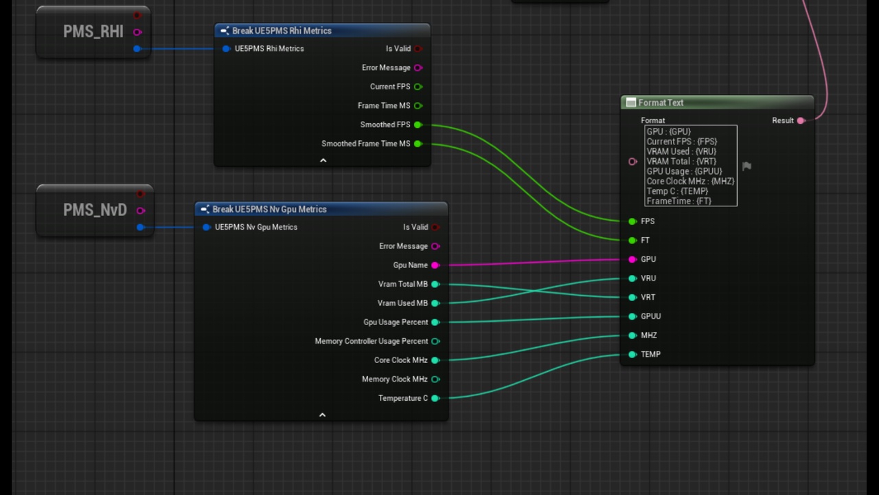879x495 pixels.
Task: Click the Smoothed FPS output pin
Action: (418, 124)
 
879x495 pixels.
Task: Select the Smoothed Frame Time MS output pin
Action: (418, 144)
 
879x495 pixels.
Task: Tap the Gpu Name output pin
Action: (435, 265)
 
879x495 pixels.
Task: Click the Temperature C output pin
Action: (435, 398)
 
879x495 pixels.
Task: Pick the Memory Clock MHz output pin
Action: (435, 379)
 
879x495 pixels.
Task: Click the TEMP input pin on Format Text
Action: (632, 354)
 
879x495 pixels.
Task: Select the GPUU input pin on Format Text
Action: (632, 316)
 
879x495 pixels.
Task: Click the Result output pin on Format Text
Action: (801, 120)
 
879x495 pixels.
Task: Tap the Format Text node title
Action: (661, 102)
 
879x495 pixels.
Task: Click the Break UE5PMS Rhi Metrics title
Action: (282, 31)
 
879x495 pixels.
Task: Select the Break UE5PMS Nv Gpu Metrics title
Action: (270, 210)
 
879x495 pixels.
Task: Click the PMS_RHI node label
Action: (93, 32)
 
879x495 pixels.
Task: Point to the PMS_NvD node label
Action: (95, 210)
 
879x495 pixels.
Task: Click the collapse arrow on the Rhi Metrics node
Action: (323, 160)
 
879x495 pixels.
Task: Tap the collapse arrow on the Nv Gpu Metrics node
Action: (322, 415)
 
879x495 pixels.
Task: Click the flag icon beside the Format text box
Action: (746, 166)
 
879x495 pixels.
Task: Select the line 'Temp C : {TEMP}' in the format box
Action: (677, 191)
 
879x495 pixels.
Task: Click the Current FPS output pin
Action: (418, 87)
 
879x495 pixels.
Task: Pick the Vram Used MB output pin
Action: (435, 303)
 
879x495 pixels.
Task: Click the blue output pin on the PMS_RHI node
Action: (137, 49)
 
